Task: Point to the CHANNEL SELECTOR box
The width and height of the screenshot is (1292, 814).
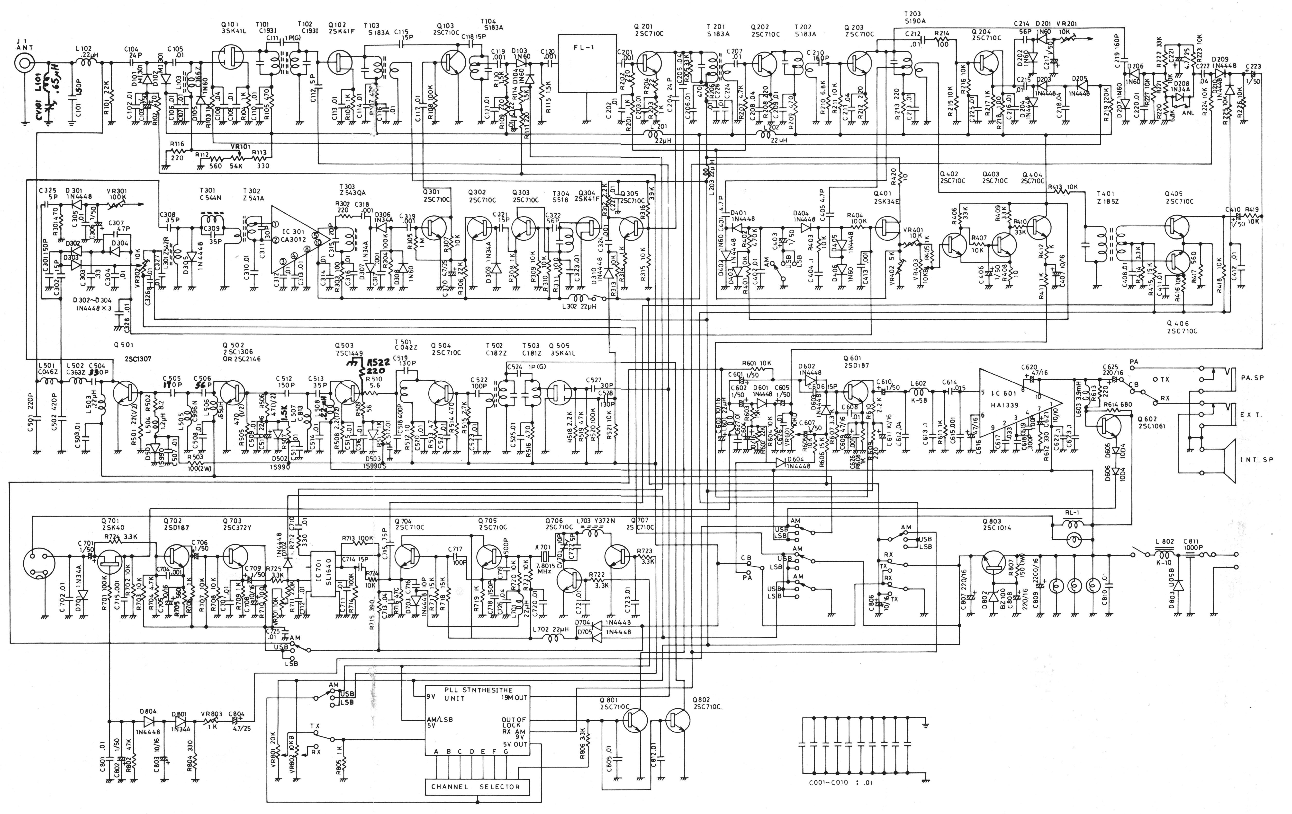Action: (475, 787)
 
